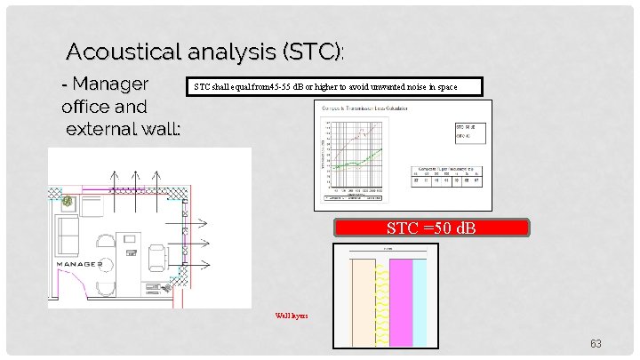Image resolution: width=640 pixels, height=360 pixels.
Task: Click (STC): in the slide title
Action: (312, 52)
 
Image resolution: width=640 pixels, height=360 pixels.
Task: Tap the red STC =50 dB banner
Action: (431, 228)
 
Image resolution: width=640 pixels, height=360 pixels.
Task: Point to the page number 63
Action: (596, 343)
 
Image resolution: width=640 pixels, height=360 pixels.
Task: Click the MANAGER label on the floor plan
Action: (82, 265)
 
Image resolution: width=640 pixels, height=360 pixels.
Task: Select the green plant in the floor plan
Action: (68, 202)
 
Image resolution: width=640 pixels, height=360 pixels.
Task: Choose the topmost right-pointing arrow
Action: (197, 222)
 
